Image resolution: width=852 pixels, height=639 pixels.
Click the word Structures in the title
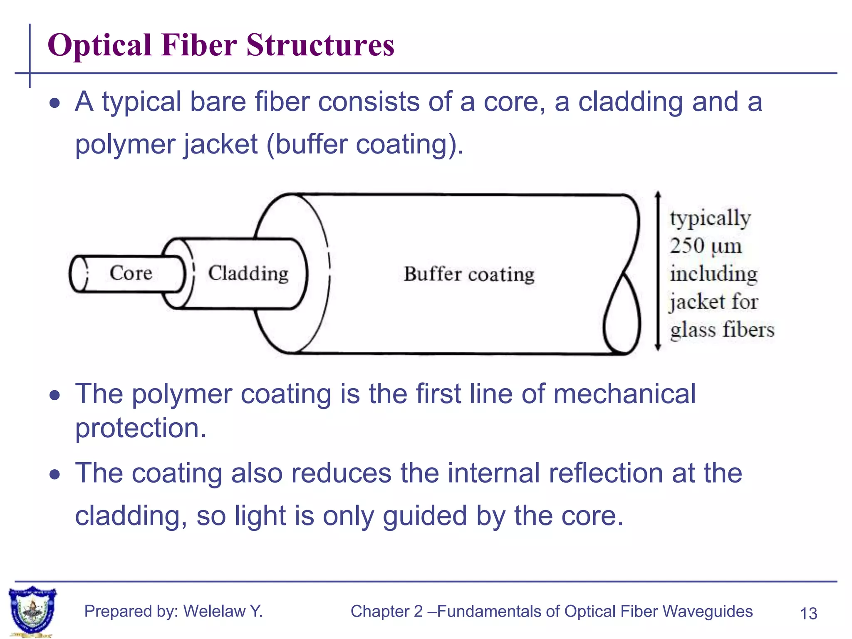(x=320, y=45)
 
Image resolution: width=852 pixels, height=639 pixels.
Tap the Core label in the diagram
(x=131, y=273)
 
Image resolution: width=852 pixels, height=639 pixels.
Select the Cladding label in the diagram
(x=248, y=273)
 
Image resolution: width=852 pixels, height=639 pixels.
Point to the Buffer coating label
(x=469, y=274)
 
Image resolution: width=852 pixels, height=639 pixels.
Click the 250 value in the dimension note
(x=687, y=245)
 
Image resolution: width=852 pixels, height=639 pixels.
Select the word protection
(x=141, y=428)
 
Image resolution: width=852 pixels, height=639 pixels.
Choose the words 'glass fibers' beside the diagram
(x=722, y=329)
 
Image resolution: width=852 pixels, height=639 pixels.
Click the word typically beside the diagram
(x=710, y=218)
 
